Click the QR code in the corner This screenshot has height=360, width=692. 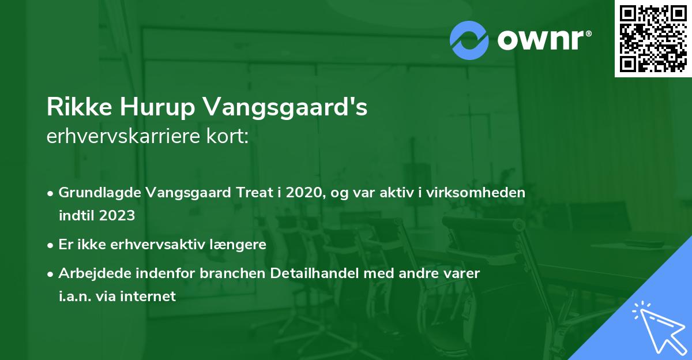point(653,39)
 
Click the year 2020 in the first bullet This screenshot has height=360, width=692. point(305,193)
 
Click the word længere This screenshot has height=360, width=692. point(240,245)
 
